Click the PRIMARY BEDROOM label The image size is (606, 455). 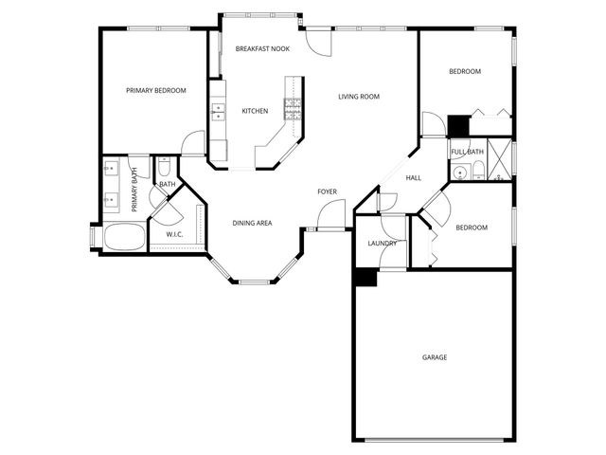(156, 91)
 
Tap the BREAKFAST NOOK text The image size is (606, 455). (263, 47)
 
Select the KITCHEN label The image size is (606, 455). (255, 111)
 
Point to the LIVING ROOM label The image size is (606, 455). (359, 97)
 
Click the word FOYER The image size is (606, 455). (327, 192)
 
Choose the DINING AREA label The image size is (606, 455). (253, 224)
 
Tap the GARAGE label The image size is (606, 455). (435, 357)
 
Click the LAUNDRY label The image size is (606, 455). (382, 244)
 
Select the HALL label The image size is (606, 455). (414, 178)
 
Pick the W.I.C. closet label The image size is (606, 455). (174, 234)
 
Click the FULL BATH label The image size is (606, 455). (467, 152)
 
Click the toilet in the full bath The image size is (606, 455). (479, 172)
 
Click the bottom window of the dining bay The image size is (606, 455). (253, 282)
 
